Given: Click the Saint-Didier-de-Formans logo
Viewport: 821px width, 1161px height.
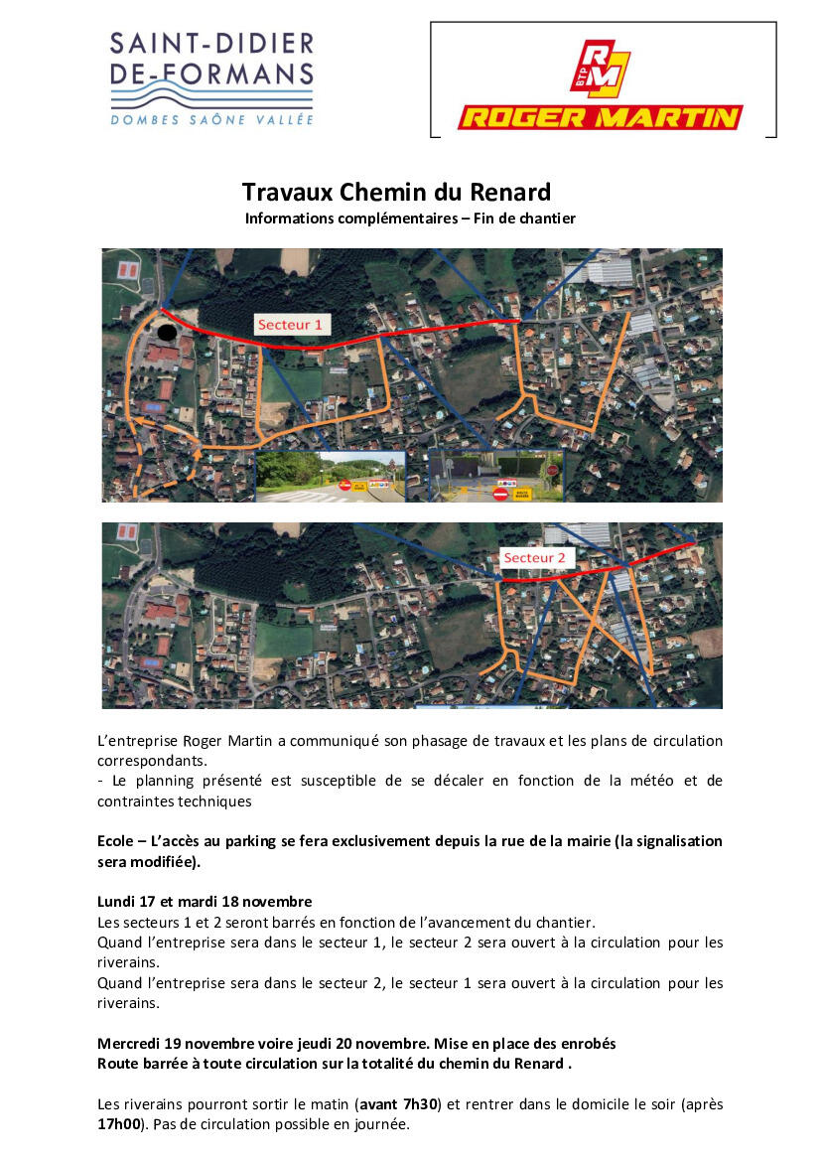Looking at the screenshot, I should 211,77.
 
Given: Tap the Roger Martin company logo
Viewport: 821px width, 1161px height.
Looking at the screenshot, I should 601,86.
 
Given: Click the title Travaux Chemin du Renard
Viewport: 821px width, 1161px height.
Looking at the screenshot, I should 396,191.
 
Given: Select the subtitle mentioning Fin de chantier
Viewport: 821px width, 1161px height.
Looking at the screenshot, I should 410,218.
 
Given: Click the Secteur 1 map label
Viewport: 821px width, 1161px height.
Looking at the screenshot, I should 290,325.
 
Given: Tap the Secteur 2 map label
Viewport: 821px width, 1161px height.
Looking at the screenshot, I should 534,558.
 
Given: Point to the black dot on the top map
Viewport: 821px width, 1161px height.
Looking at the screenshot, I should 168,332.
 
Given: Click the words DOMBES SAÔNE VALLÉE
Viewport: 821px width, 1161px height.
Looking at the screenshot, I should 211,120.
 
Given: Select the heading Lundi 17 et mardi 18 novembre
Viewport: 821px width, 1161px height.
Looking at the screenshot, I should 205,902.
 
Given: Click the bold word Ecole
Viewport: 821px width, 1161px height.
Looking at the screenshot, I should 116,841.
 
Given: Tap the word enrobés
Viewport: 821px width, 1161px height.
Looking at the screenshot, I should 581,1044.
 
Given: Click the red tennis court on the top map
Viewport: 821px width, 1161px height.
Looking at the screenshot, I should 127,268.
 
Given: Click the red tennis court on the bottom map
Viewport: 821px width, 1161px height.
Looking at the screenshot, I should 127,533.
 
